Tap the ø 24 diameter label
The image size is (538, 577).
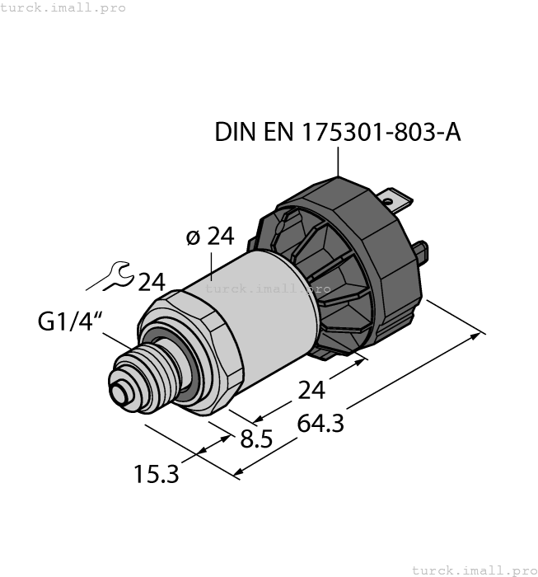[210, 237]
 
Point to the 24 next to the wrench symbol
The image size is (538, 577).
[152, 282]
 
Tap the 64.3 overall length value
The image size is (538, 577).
[320, 424]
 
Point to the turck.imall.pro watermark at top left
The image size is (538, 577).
[63, 7]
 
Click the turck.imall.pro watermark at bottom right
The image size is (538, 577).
[474, 570]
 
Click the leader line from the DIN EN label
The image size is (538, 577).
[339, 164]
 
